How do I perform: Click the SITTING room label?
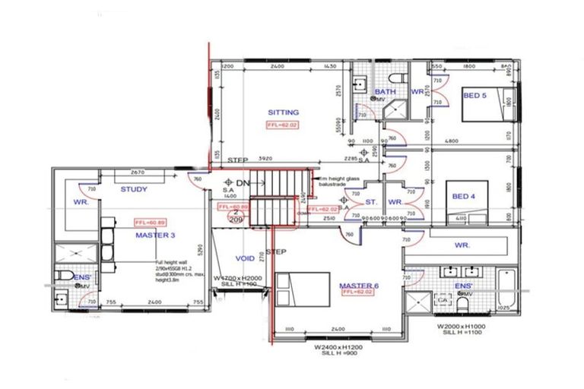(x=283, y=112)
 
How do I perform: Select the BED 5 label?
(x=474, y=94)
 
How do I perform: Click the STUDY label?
(x=134, y=189)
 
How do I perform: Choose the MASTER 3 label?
(x=155, y=236)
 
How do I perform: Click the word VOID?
(x=245, y=258)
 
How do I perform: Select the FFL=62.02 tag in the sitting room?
(x=283, y=125)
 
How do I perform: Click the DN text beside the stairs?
(x=242, y=183)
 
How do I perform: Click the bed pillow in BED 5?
(x=509, y=100)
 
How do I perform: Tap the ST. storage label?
(x=371, y=202)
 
